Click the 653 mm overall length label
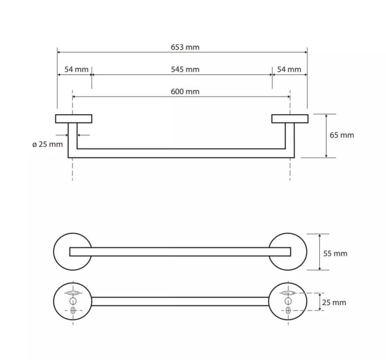pyautogui.click(x=185, y=47)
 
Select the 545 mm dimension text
pyautogui.click(x=185, y=69)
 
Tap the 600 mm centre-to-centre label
pyautogui.click(x=185, y=92)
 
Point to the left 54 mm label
pyautogui.click(x=76, y=69)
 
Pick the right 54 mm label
pyautogui.click(x=289, y=69)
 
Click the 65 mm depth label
pyautogui.click(x=342, y=135)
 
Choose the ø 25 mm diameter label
pyautogui.click(x=48, y=144)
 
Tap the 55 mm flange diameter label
pyautogui.click(x=335, y=253)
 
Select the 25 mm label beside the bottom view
pyautogui.click(x=334, y=302)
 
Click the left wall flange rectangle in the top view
pyautogui.click(x=74, y=119)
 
